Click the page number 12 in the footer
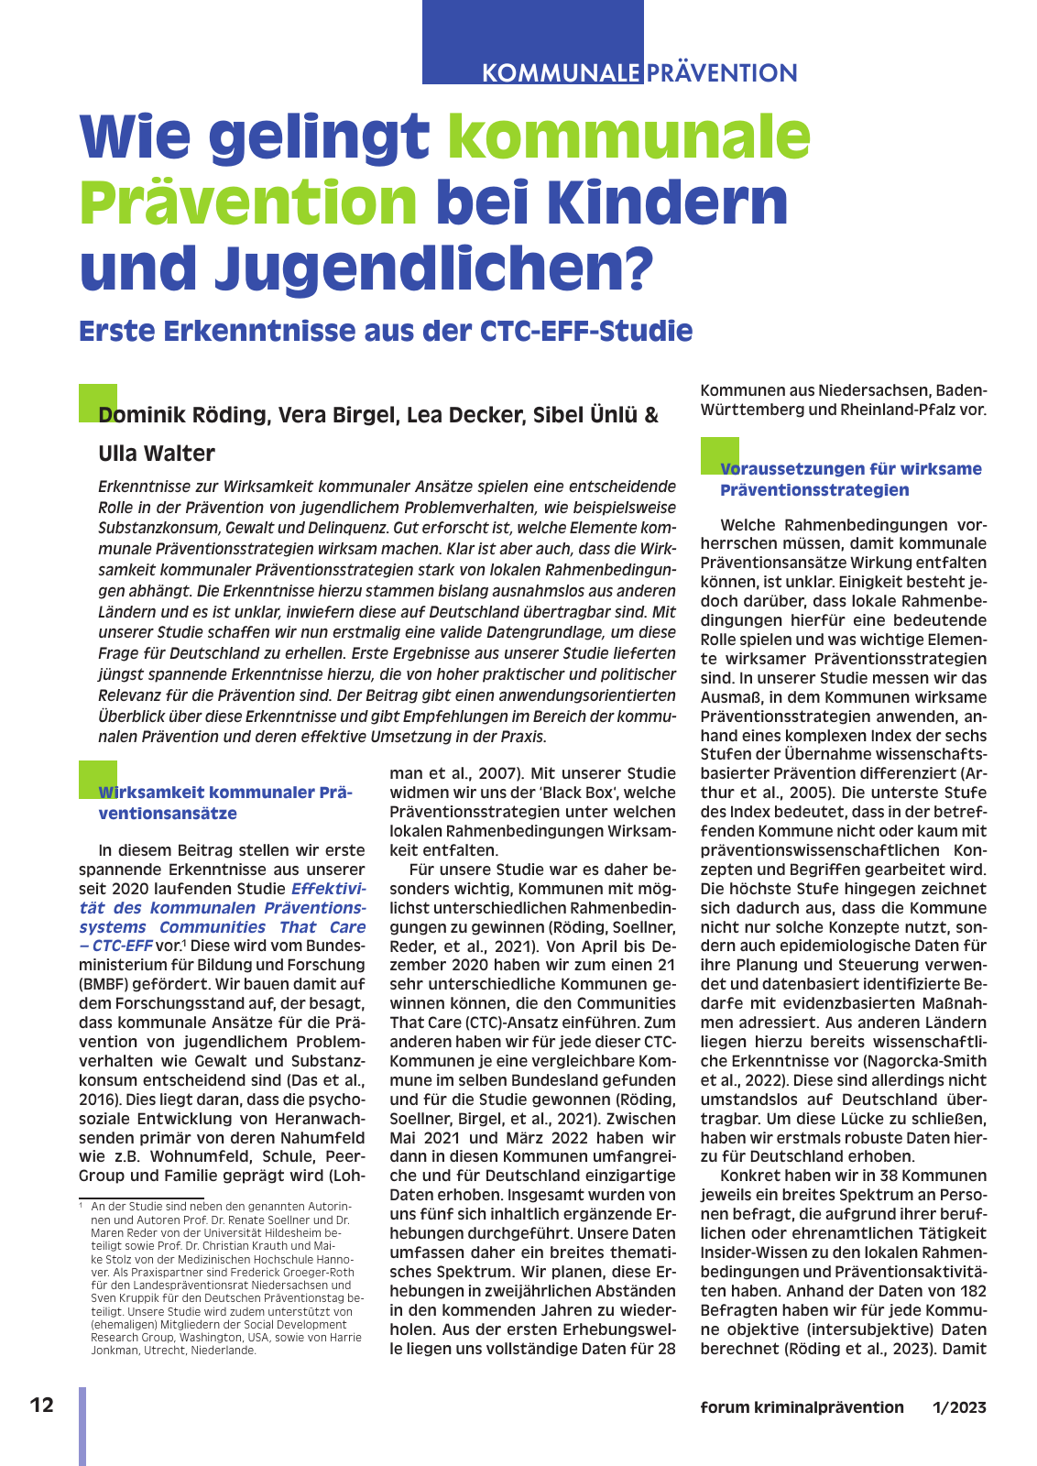[x=42, y=1406]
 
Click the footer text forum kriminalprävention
[x=802, y=1407]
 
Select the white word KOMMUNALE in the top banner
[x=561, y=73]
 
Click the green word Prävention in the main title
[x=248, y=202]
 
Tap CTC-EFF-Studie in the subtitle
[x=586, y=331]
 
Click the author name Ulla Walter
[x=157, y=454]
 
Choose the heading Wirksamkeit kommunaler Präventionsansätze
[x=224, y=803]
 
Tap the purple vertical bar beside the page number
[x=82, y=1426]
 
